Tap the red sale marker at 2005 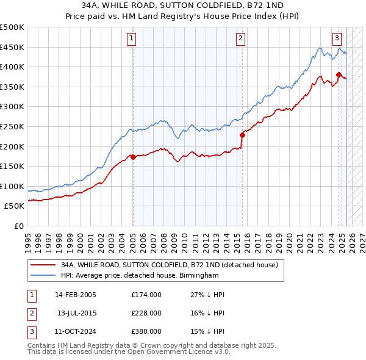point(133,157)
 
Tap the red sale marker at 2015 point(242,135)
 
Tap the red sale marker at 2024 point(339,75)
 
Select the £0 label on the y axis point(18,226)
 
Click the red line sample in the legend point(42,265)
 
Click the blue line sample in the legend point(42,276)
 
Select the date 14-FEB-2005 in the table point(76,295)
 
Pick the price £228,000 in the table point(146,313)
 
